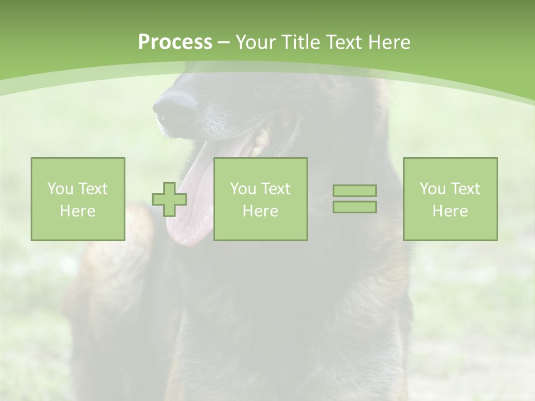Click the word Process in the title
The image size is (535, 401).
(175, 42)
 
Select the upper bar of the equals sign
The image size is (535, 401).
(354, 191)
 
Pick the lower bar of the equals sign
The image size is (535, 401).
(354, 207)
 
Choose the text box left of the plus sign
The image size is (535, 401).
(78, 199)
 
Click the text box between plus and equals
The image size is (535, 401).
(261, 199)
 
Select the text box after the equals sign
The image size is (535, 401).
(450, 199)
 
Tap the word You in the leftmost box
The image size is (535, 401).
(60, 189)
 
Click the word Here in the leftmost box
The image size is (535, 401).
(78, 211)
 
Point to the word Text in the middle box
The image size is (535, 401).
(276, 189)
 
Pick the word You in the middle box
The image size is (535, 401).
(243, 189)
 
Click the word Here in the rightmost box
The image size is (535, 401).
(450, 211)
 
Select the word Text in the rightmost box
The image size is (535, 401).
(466, 189)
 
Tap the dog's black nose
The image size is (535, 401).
(174, 109)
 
